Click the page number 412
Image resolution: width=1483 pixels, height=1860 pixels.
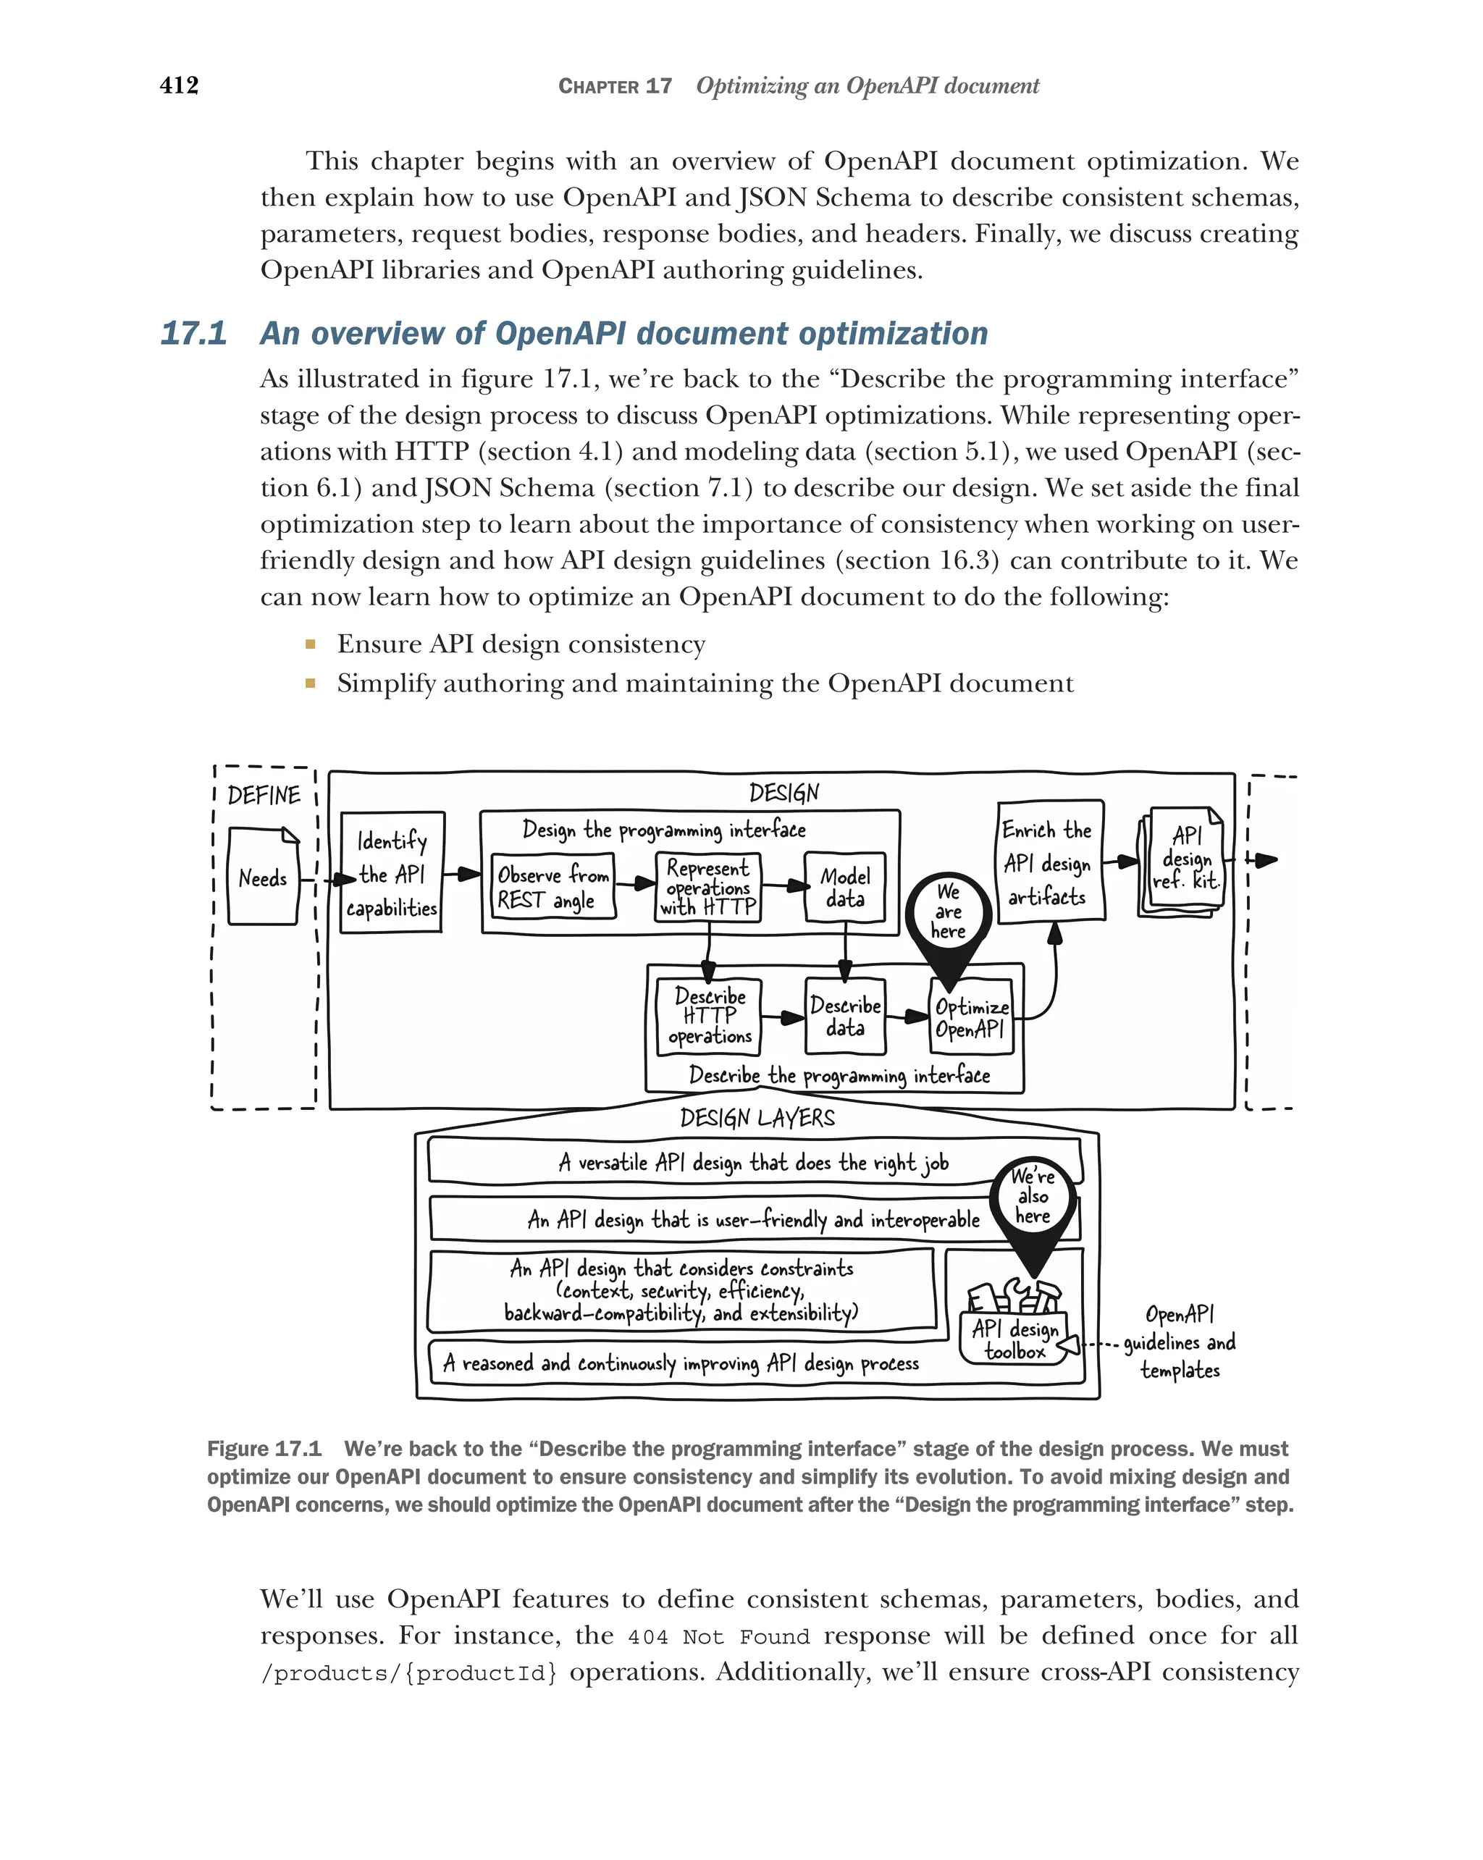click(180, 85)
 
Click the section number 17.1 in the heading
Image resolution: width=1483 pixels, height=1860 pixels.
click(194, 333)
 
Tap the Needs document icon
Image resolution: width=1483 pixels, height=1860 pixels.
click(263, 877)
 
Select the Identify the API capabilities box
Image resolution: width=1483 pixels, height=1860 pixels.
click(392, 873)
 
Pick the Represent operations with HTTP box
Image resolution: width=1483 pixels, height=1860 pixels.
click(708, 887)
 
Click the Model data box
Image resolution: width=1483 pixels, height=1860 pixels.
click(844, 887)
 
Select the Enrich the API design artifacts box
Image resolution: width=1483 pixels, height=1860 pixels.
click(1050, 863)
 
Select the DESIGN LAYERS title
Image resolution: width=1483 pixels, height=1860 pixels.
click(757, 1118)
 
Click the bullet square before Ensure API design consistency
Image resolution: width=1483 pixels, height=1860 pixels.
click(311, 644)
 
